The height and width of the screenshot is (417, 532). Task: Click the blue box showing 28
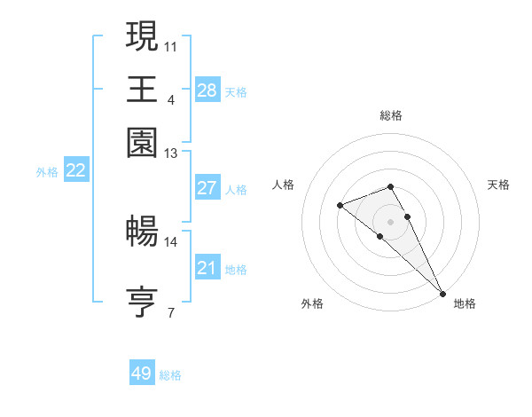click(207, 90)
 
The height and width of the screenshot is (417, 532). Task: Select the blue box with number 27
click(207, 188)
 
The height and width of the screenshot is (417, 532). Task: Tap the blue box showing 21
click(207, 268)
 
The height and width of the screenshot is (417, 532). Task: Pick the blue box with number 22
click(76, 170)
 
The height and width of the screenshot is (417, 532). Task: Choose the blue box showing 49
click(142, 374)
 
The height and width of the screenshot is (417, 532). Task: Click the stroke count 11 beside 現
click(171, 44)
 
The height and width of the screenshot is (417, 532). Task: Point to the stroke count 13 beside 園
click(171, 153)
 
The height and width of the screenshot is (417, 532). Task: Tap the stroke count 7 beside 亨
click(171, 312)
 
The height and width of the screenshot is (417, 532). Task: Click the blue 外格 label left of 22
click(47, 172)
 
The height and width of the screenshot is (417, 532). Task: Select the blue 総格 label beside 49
click(170, 375)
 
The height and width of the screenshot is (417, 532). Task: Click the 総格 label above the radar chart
click(391, 115)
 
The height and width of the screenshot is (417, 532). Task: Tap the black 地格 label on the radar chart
click(465, 304)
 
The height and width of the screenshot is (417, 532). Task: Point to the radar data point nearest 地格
click(442, 293)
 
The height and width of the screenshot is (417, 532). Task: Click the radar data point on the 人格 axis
click(340, 206)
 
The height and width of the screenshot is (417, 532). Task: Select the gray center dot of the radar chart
click(391, 221)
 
